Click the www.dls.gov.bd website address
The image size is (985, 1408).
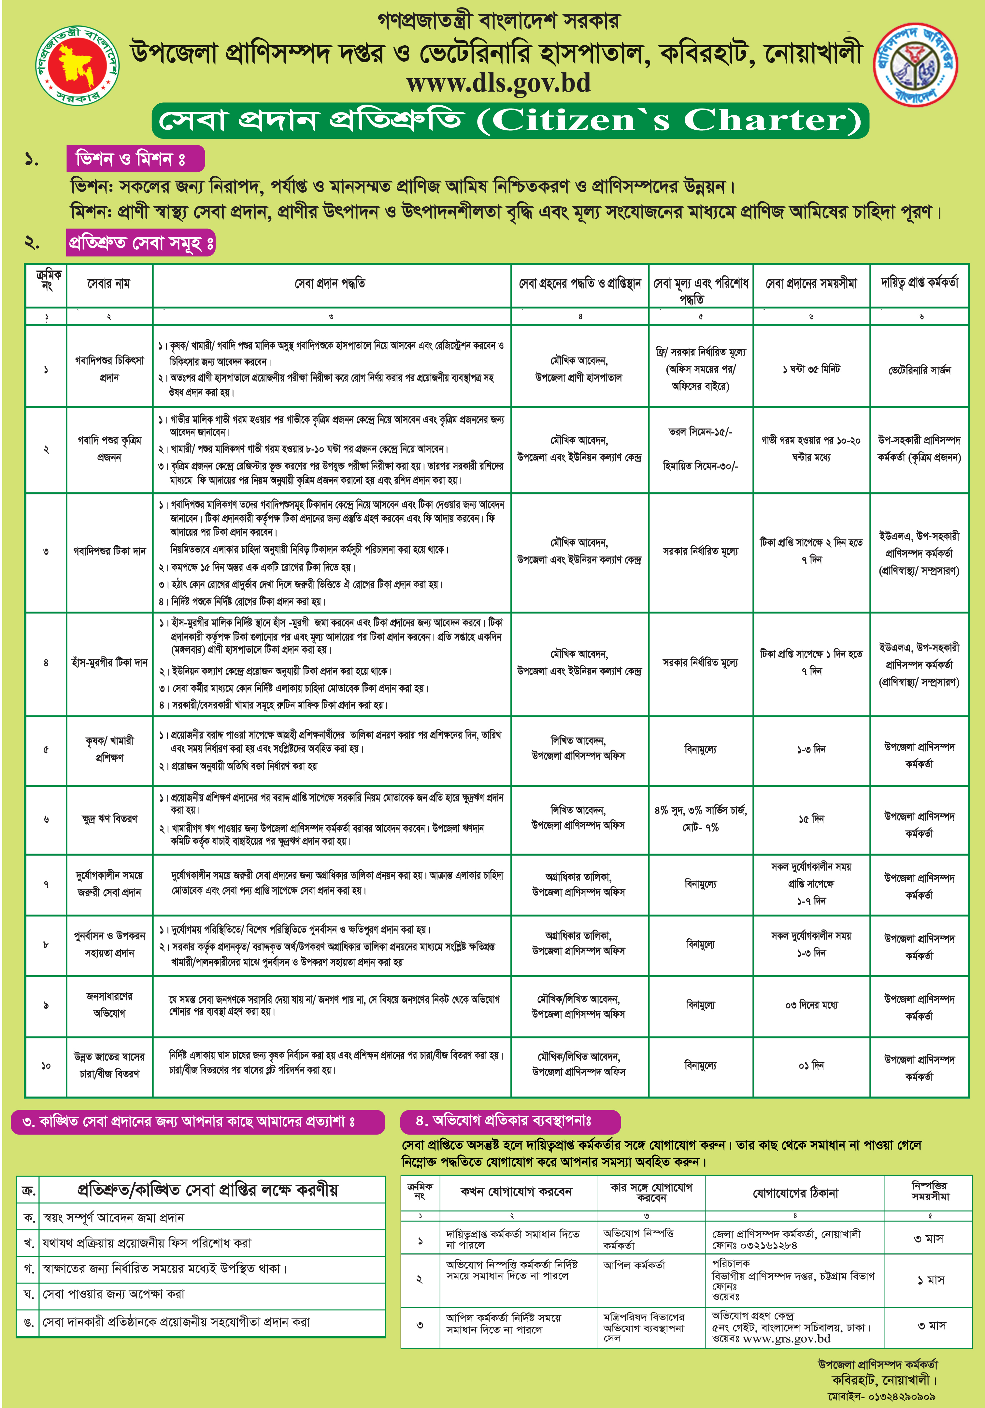(498, 83)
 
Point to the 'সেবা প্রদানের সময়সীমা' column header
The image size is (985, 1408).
(811, 283)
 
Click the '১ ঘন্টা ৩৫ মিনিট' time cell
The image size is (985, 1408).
(811, 369)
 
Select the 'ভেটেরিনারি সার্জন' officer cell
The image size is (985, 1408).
(920, 370)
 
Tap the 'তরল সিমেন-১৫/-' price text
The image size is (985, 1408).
(700, 432)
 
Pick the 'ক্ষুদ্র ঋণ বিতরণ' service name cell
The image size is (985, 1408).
(109, 819)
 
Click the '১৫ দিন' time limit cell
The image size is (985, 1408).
(811, 819)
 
